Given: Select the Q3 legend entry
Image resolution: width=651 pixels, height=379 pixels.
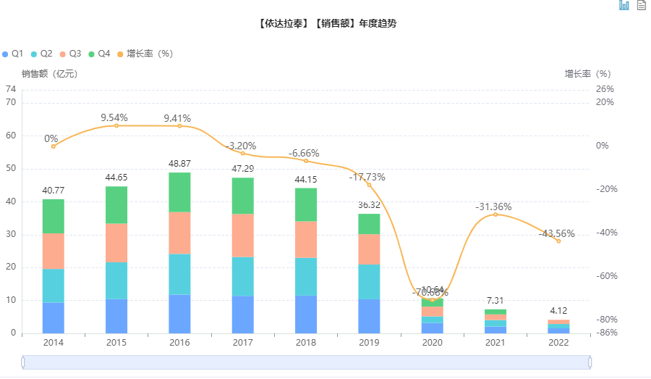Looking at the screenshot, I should point(71,54).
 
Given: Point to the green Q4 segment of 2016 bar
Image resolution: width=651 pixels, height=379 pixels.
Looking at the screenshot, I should point(179,192).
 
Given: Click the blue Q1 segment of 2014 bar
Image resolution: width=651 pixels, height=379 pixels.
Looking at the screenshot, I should point(53,317).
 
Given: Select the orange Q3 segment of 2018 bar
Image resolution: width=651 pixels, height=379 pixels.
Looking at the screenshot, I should point(305,239).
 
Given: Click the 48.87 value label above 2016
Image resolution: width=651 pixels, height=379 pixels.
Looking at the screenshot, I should point(179,164).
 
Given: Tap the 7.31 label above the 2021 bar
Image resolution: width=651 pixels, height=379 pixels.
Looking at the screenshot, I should point(495,300).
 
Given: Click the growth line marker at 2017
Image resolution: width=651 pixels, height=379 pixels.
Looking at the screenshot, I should point(243,153).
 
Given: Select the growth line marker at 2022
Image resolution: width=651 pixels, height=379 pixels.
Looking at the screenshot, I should point(558,241).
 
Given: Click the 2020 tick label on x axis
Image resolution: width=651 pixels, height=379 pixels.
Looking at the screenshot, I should point(432,342).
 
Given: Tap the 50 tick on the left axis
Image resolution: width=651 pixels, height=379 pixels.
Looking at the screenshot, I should point(11,168).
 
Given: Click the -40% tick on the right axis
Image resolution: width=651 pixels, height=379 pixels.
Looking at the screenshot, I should point(605,233).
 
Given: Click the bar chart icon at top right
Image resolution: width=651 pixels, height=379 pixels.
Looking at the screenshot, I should point(624,6).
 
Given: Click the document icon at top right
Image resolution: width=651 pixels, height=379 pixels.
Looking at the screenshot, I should point(641,6).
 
